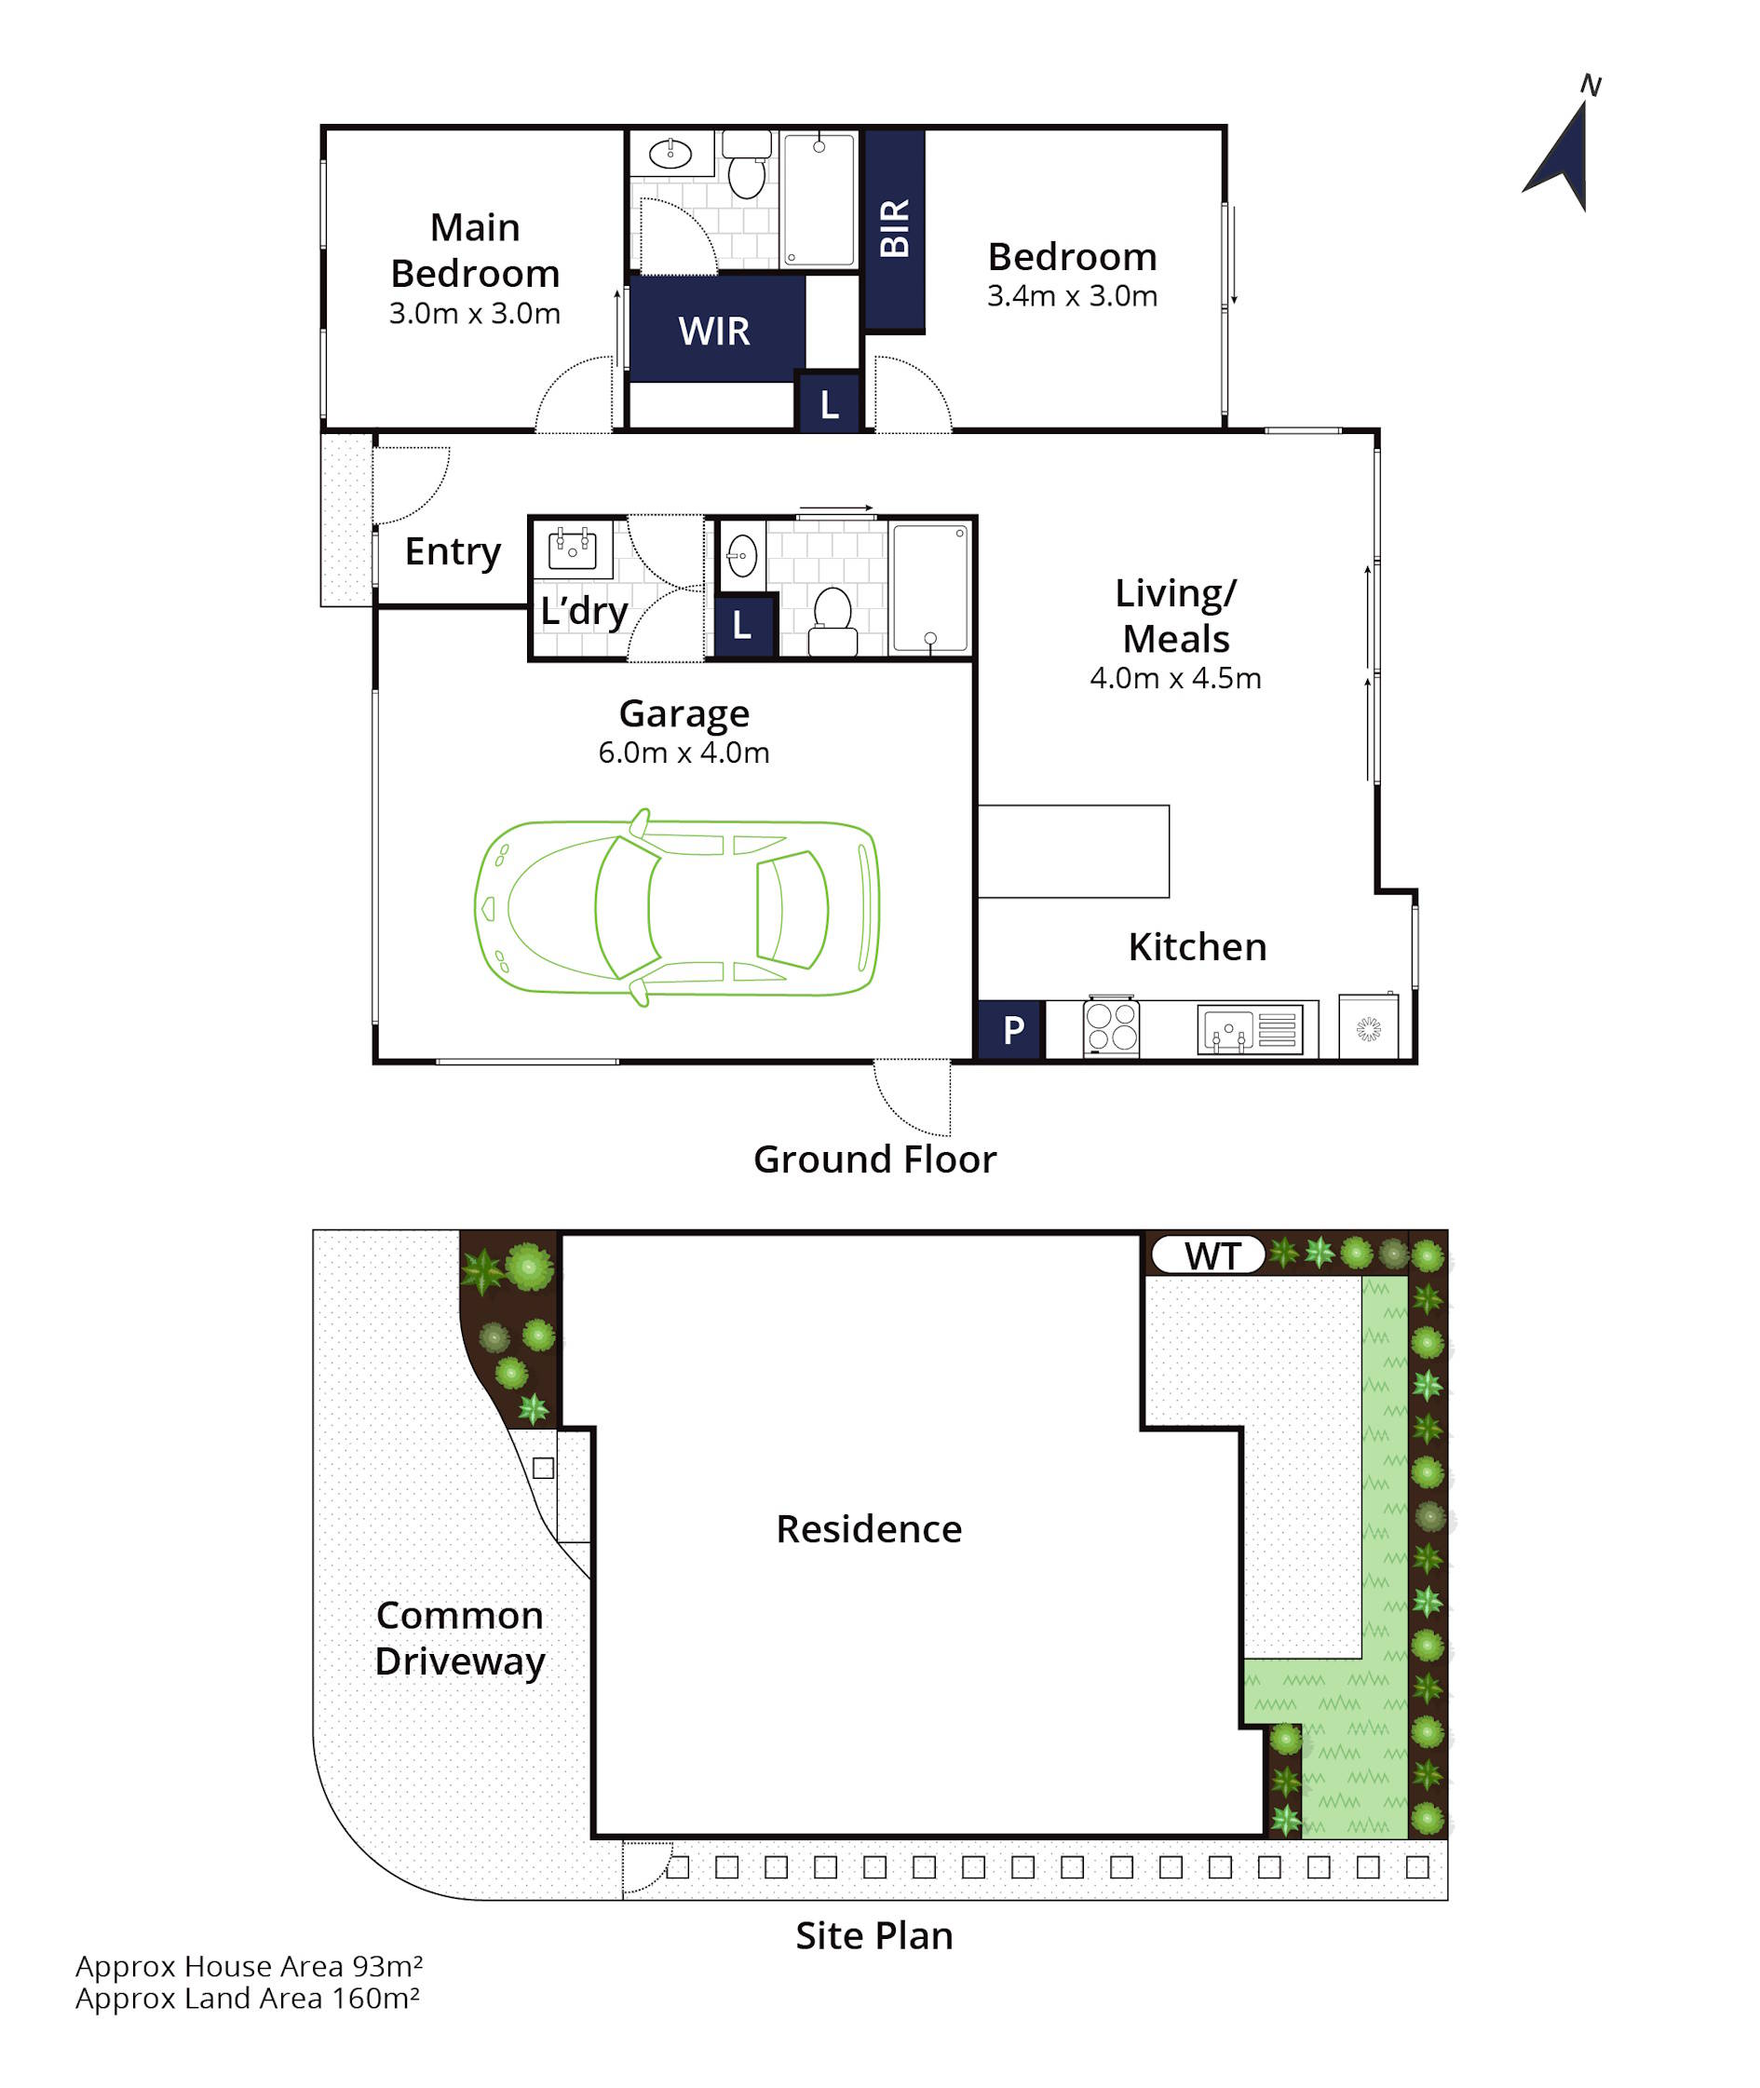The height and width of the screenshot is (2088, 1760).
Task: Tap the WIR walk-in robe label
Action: click(x=714, y=332)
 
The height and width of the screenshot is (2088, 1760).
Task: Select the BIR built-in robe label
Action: click(x=895, y=228)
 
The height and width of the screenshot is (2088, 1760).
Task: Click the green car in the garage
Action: click(x=676, y=907)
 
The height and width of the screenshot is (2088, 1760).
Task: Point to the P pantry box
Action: click(x=1010, y=1029)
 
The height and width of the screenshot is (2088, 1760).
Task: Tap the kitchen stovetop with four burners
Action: click(x=1112, y=1027)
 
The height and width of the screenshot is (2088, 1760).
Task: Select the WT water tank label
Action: click(x=1212, y=1256)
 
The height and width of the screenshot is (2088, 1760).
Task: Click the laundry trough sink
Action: click(x=573, y=549)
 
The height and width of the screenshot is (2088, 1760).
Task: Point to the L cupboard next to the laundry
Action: click(x=742, y=626)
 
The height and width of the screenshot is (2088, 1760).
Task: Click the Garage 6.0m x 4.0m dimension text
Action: click(x=684, y=752)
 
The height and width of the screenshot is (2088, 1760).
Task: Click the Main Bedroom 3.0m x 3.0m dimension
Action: click(x=474, y=313)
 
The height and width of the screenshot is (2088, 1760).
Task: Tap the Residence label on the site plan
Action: click(x=869, y=1529)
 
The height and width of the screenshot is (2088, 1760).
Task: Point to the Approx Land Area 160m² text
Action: click(x=248, y=2000)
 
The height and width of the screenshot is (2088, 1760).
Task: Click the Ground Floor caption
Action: click(x=875, y=1159)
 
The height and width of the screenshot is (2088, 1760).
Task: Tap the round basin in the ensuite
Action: click(x=670, y=154)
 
